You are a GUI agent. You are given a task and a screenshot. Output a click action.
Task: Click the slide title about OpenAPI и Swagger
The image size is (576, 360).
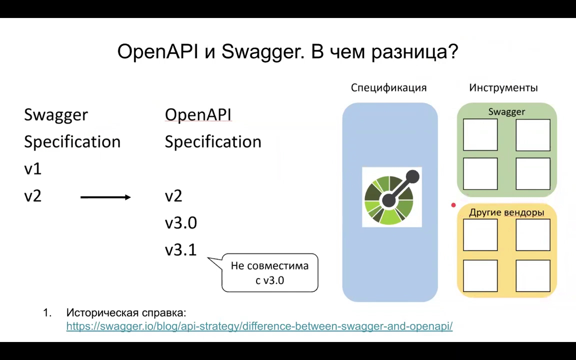point(287,52)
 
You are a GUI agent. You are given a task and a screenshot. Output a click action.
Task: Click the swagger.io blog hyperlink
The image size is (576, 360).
point(259,326)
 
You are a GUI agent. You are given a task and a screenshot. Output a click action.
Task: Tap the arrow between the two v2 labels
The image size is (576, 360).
point(105,197)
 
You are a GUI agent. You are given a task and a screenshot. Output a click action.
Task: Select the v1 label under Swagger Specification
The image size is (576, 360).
point(32,169)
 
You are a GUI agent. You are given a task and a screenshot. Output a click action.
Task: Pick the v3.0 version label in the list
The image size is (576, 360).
point(180,222)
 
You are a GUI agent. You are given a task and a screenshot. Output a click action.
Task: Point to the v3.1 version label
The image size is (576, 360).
point(180,250)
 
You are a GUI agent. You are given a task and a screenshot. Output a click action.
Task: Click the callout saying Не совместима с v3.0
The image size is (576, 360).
point(269,272)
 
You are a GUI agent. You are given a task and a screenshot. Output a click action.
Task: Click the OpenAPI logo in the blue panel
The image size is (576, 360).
point(392,197)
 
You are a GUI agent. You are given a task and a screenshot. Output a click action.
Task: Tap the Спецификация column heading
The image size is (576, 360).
point(388,88)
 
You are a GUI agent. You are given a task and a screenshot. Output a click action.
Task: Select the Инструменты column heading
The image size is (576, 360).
point(503,88)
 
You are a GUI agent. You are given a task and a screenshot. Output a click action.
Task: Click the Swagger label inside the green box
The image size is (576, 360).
point(506,111)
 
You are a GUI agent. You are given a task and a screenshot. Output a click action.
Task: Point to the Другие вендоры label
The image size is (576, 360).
point(506,212)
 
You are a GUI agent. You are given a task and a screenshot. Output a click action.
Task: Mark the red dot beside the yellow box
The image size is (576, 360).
point(453,205)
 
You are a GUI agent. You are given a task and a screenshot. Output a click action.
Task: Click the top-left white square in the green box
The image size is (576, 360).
point(480,135)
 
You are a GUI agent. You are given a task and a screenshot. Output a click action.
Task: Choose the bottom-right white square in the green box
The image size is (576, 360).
point(533,174)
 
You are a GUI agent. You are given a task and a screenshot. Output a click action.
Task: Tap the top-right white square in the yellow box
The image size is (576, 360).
point(533,234)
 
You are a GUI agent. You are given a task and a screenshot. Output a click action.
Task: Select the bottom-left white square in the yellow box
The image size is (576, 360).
point(480,276)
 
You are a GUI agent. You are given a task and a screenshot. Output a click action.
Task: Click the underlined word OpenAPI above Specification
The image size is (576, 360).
point(198,114)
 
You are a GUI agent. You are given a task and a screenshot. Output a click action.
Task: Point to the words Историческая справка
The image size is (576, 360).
point(126,313)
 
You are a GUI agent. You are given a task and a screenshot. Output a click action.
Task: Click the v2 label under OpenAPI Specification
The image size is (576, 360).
point(173,196)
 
